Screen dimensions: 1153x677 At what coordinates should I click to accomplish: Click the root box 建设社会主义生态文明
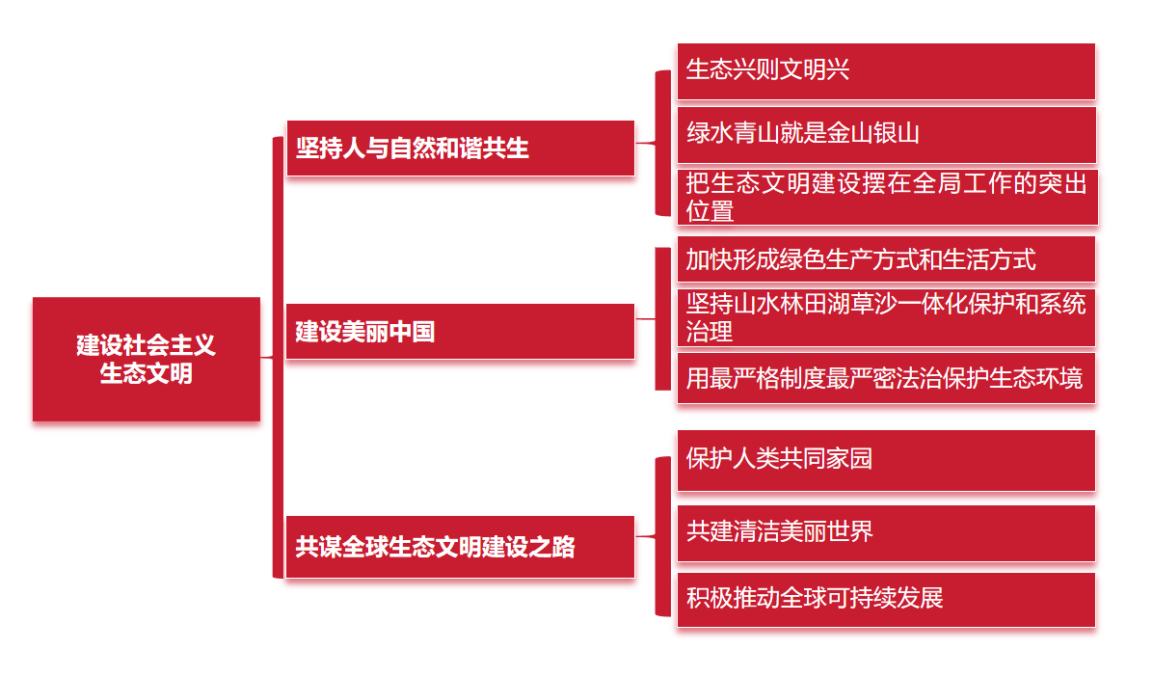(147, 359)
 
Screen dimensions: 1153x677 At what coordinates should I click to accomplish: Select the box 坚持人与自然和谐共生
(460, 148)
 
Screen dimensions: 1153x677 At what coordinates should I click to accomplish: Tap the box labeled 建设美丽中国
(460, 331)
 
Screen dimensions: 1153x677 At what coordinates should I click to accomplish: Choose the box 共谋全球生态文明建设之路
(460, 547)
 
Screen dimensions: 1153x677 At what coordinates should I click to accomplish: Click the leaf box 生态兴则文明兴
(885, 70)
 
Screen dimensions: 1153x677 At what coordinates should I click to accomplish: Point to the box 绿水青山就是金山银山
(885, 134)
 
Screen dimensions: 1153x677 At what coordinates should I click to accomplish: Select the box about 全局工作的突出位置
(885, 197)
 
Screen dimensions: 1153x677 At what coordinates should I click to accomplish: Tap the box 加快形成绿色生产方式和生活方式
(885, 259)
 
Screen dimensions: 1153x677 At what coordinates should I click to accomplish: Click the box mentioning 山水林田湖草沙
(885, 317)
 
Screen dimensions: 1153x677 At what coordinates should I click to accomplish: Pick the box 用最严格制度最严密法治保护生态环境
(885, 377)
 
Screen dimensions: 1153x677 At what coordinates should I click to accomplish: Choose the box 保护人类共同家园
(885, 459)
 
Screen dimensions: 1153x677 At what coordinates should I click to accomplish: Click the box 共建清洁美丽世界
(885, 531)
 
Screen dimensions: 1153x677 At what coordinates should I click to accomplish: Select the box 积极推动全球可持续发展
(885, 598)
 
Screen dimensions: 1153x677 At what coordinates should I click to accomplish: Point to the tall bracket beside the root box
(279, 357)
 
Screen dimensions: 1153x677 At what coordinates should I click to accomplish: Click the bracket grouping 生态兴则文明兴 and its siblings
(662, 143)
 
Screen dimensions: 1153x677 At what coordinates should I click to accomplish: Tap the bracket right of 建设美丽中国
(662, 318)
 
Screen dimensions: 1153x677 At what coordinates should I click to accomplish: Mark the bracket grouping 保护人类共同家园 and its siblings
(662, 536)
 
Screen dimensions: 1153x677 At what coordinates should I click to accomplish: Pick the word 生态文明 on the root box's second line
(147, 373)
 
